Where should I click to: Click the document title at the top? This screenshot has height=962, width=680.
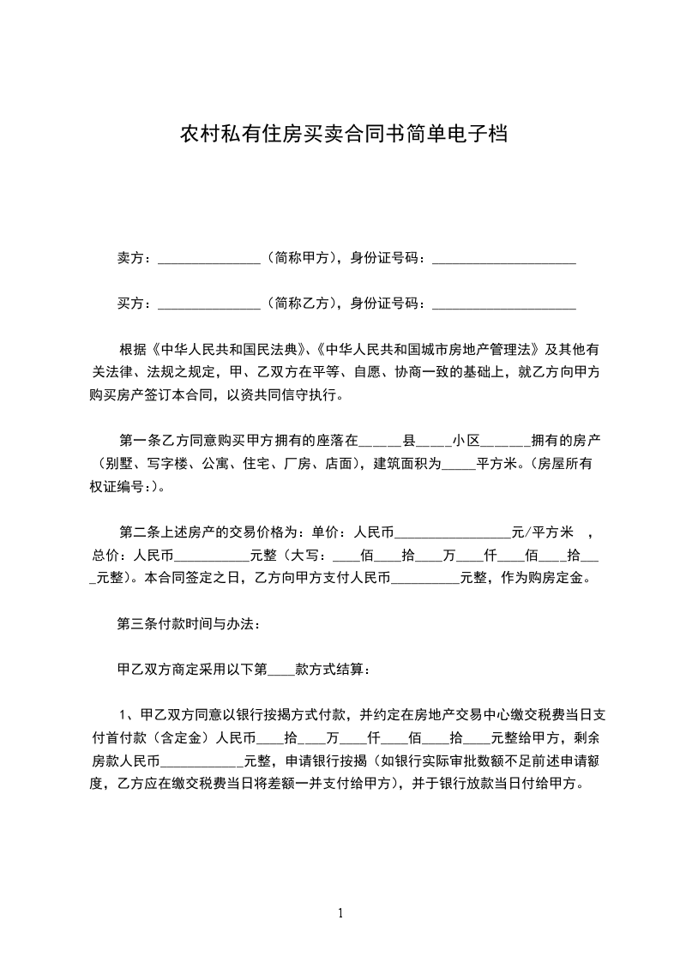[x=340, y=135]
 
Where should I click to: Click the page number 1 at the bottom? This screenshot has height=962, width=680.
[x=340, y=913]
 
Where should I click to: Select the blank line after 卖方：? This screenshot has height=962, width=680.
[x=209, y=260]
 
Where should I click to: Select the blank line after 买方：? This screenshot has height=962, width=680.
[x=209, y=305]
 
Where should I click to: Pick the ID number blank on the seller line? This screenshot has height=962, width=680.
[x=503, y=260]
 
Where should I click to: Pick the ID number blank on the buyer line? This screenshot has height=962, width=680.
[x=503, y=305]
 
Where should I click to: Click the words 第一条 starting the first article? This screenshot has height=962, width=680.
[x=136, y=441]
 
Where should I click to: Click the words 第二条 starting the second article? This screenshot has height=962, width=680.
[x=136, y=532]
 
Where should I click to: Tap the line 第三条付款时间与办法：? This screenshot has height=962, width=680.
[x=189, y=622]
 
